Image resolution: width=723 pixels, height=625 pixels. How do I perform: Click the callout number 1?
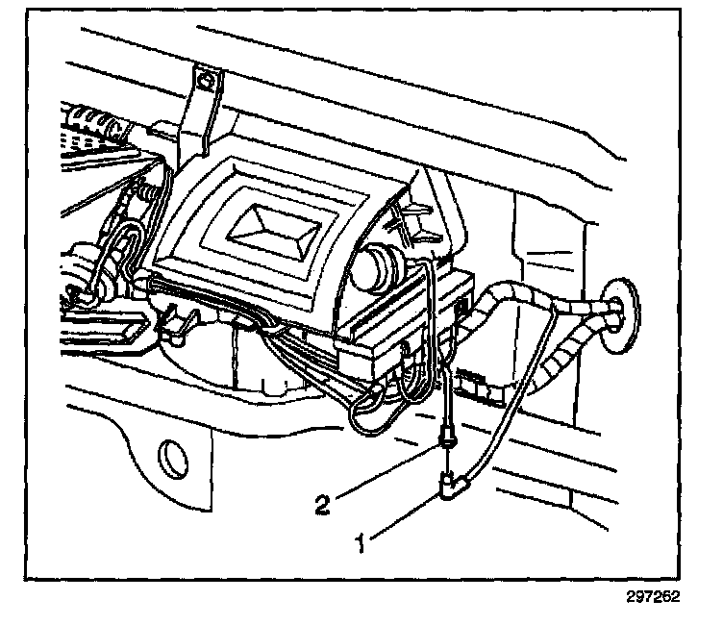(362, 544)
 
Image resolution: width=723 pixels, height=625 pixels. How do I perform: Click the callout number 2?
(324, 501)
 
